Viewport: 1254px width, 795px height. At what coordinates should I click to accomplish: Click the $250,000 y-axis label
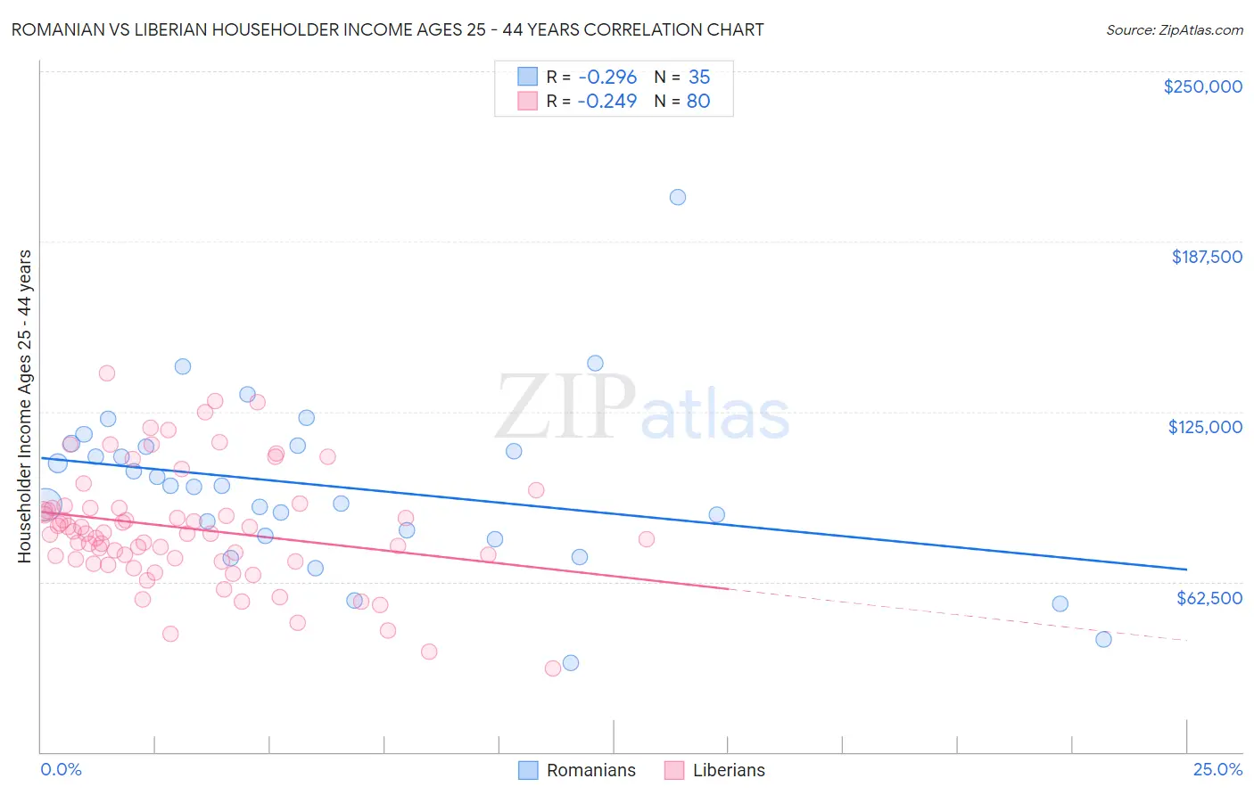tap(1202, 86)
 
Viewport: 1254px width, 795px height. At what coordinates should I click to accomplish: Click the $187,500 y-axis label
tap(1206, 257)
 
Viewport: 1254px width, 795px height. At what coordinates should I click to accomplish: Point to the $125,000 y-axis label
tap(1205, 427)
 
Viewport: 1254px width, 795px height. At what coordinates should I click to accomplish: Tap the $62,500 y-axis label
tap(1209, 598)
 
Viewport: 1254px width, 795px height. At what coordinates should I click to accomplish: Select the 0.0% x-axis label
tap(61, 769)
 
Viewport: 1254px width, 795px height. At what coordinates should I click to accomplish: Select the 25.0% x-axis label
tap(1217, 769)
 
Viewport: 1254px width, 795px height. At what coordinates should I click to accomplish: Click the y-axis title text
tap(24, 406)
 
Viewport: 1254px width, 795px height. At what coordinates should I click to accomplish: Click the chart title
tap(387, 29)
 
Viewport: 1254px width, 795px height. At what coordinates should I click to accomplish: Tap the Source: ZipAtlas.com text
tap(1174, 30)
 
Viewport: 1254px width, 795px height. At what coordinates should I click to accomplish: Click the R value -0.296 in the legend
tap(607, 77)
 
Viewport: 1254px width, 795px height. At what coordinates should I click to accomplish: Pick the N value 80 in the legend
tap(698, 101)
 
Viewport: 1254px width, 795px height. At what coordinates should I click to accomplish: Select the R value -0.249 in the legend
tap(607, 101)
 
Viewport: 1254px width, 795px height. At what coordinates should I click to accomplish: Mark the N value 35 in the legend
tap(699, 77)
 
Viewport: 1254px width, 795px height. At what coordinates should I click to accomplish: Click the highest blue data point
tap(678, 197)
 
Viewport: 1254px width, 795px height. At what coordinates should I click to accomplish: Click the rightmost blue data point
tap(1103, 639)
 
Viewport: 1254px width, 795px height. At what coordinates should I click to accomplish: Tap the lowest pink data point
tap(553, 668)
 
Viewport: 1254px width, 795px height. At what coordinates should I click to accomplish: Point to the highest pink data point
tap(107, 373)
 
